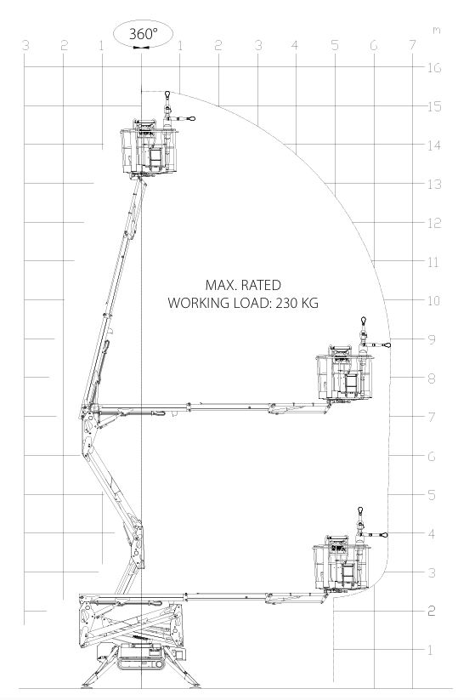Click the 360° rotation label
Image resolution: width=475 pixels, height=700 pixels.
pyautogui.click(x=143, y=33)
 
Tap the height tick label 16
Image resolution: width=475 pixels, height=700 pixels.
pyautogui.click(x=434, y=68)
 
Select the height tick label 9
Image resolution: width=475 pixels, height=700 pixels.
pyautogui.click(x=432, y=339)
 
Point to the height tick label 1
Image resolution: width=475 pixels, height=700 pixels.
pyautogui.click(x=431, y=650)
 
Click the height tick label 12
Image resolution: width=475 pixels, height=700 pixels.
pyautogui.click(x=434, y=223)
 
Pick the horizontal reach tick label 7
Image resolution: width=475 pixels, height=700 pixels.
pyautogui.click(x=412, y=44)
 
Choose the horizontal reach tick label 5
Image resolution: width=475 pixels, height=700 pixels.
pyautogui.click(x=335, y=44)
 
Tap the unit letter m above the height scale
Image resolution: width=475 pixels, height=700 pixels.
pyautogui.click(x=436, y=30)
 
